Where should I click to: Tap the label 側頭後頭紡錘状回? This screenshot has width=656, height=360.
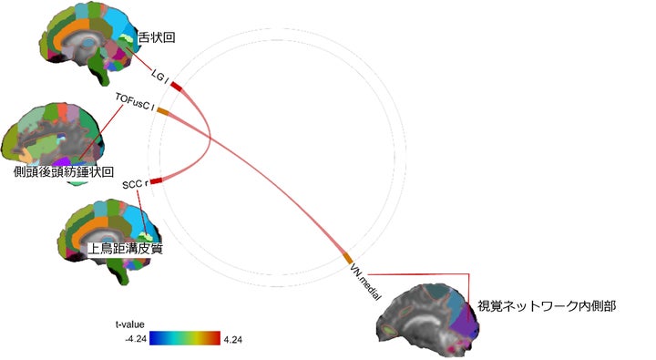64,171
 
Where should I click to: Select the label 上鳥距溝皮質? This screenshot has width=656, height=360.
124,248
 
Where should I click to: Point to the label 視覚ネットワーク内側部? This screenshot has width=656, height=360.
547,306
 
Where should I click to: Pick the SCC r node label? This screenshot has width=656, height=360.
134,185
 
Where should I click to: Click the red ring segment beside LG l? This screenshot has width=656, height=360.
176,87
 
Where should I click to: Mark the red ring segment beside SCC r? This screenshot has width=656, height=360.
156,181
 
